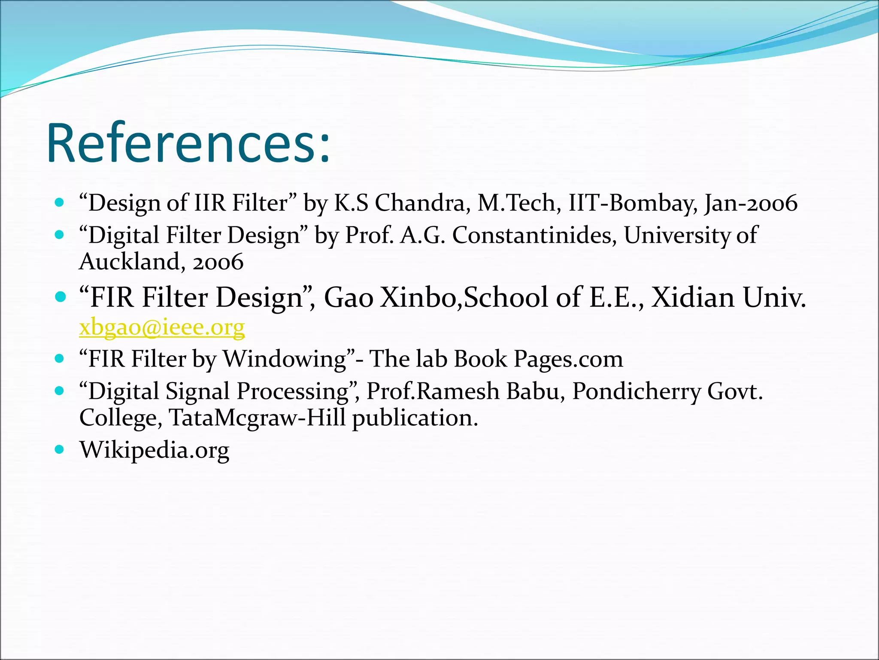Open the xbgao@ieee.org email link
click(x=162, y=327)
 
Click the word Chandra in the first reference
click(x=420, y=203)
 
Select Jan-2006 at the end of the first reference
click(x=751, y=203)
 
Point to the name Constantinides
click(x=534, y=235)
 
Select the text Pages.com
click(x=568, y=359)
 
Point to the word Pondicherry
click(x=636, y=391)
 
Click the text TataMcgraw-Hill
click(x=257, y=418)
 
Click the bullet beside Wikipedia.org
click(x=60, y=450)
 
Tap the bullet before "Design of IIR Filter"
click(x=60, y=202)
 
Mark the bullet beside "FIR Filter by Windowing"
click(x=60, y=358)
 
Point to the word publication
click(x=415, y=418)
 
